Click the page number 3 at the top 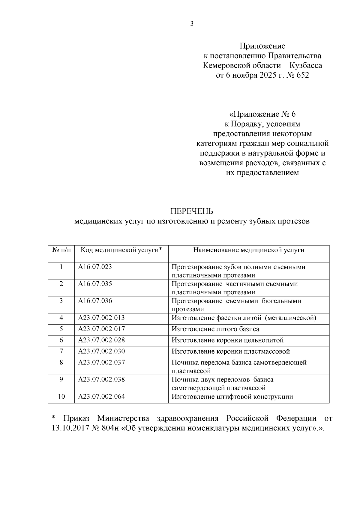point(192,24)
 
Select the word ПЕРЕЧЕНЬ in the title point(192,211)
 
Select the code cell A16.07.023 point(95,267)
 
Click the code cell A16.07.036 point(95,301)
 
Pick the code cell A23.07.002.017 point(101,329)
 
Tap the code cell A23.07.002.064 point(101,397)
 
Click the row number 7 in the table point(61,351)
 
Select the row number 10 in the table point(61,397)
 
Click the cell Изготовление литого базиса point(215,329)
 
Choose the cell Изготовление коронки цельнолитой point(227,340)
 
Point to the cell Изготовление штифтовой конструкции point(232,397)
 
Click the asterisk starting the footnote point(54,418)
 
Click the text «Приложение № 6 point(262,114)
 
